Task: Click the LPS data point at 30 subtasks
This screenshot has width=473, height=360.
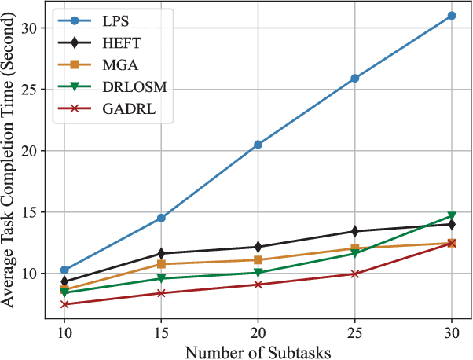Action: point(452,15)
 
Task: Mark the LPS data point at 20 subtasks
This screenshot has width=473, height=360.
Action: point(258,145)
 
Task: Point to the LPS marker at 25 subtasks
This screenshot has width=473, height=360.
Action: point(355,79)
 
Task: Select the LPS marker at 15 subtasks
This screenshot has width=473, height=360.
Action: point(161,218)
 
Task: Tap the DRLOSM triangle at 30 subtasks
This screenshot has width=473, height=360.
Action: point(452,216)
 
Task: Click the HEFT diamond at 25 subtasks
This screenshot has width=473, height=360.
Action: point(355,231)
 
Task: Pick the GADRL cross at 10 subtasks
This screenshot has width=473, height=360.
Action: point(64,304)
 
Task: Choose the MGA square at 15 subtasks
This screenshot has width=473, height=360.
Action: point(161,264)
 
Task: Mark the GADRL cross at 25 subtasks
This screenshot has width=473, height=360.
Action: point(355,274)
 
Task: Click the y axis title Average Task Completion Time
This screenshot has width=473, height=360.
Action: point(11,165)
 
